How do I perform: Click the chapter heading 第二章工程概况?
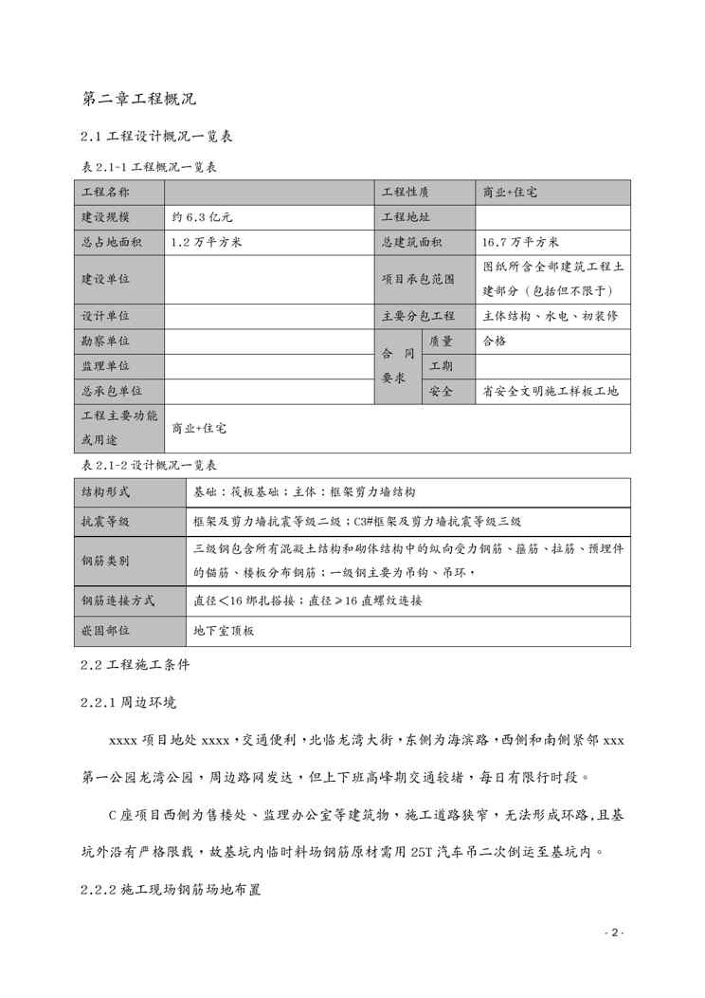pos(139,98)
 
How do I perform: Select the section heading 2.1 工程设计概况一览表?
pos(156,138)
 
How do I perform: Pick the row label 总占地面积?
pos(112,242)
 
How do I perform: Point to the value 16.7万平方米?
pos(521,242)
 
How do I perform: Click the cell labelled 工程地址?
pos(406,217)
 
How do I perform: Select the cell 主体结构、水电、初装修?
pos(551,316)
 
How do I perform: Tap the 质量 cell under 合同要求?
pos(441,341)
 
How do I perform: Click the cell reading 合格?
pos(495,341)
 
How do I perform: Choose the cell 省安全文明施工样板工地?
pos(551,390)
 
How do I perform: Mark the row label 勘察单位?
pos(106,341)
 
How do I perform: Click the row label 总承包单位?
pos(112,390)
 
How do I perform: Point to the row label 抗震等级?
pos(106,521)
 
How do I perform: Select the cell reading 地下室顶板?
pos(224,630)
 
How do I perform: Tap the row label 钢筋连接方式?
pos(118,601)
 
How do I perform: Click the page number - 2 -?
pos(613,933)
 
